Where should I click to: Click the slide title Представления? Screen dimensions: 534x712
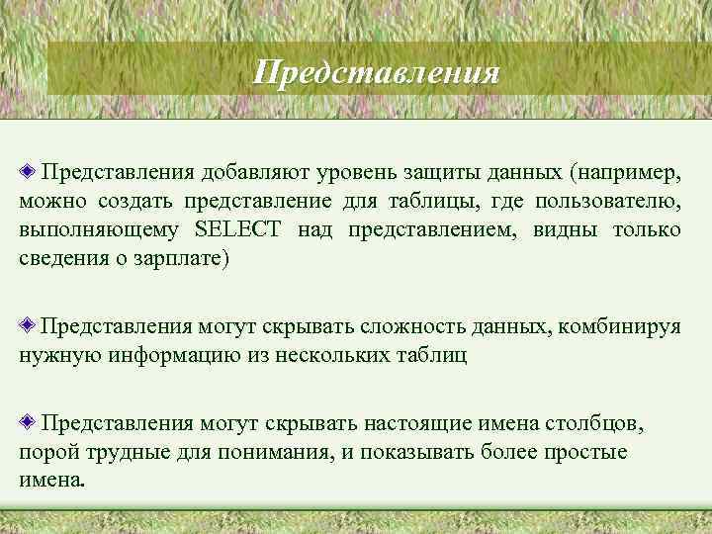376,72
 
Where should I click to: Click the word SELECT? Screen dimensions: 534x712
238,230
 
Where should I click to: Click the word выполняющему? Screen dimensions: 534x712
99,231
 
